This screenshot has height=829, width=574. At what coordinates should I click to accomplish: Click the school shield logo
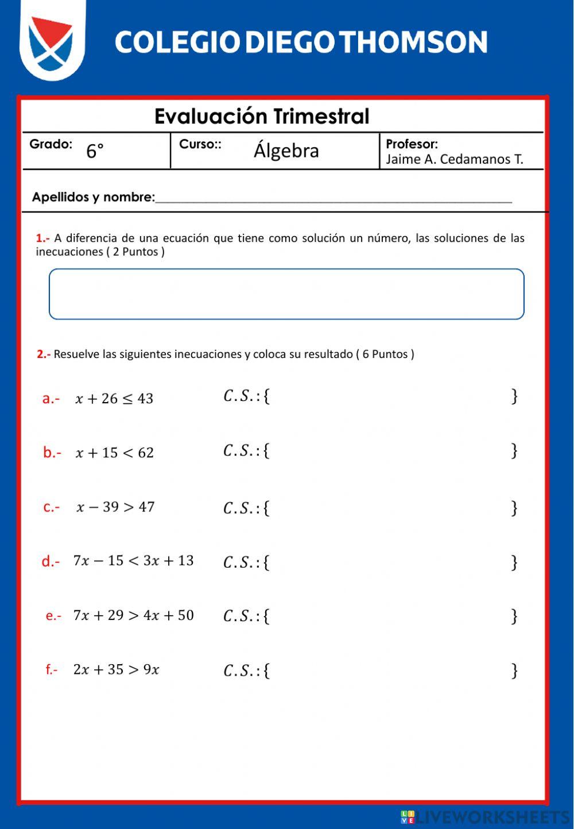tap(52, 41)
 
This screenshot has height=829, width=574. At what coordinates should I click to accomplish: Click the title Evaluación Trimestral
tap(262, 117)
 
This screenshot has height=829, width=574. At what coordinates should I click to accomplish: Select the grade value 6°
tap(95, 151)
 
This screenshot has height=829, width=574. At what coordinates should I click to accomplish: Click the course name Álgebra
tap(286, 151)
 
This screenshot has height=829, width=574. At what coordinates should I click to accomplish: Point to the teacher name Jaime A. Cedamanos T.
tap(454, 159)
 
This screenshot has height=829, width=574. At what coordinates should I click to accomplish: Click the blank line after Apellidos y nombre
tap(333, 198)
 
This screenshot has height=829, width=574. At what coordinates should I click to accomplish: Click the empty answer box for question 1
tap(286, 294)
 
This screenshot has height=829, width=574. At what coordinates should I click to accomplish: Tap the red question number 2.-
tap(44, 354)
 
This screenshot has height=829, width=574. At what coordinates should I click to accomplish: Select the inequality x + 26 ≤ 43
tap(114, 399)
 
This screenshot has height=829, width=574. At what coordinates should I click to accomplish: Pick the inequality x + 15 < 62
tap(115, 453)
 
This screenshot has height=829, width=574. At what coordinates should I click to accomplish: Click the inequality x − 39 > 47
tap(115, 507)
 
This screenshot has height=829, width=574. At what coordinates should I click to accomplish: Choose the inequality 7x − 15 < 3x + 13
tap(133, 561)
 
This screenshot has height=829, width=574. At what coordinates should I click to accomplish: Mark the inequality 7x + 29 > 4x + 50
tap(133, 615)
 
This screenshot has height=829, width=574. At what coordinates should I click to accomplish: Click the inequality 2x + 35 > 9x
tap(116, 669)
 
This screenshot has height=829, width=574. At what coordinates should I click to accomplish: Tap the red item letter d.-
tap(51, 561)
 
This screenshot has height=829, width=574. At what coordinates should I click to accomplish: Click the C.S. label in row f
tap(241, 670)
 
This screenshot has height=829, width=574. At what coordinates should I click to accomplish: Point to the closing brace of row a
tap(514, 396)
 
